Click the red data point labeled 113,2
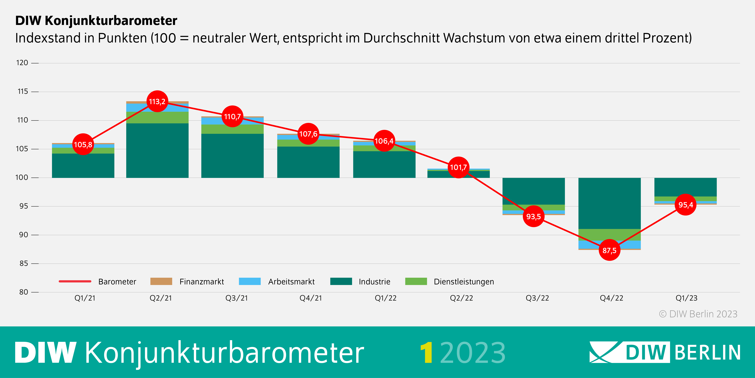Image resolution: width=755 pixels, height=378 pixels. pos(157,102)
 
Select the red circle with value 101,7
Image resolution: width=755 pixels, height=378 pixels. pos(458,167)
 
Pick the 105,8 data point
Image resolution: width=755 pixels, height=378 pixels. pos(83,144)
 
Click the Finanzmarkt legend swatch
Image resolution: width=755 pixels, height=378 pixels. pos(161,281)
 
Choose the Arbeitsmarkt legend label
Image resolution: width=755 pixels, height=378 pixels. pos(291,282)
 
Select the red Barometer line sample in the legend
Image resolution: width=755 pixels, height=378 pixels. pos(75,281)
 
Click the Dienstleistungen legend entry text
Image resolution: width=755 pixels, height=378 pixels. pos(464,282)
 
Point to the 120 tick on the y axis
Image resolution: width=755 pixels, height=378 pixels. pos(22,63)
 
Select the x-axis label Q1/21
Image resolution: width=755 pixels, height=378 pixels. pos(85,298)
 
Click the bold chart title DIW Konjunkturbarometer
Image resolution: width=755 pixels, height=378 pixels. pos(96,21)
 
